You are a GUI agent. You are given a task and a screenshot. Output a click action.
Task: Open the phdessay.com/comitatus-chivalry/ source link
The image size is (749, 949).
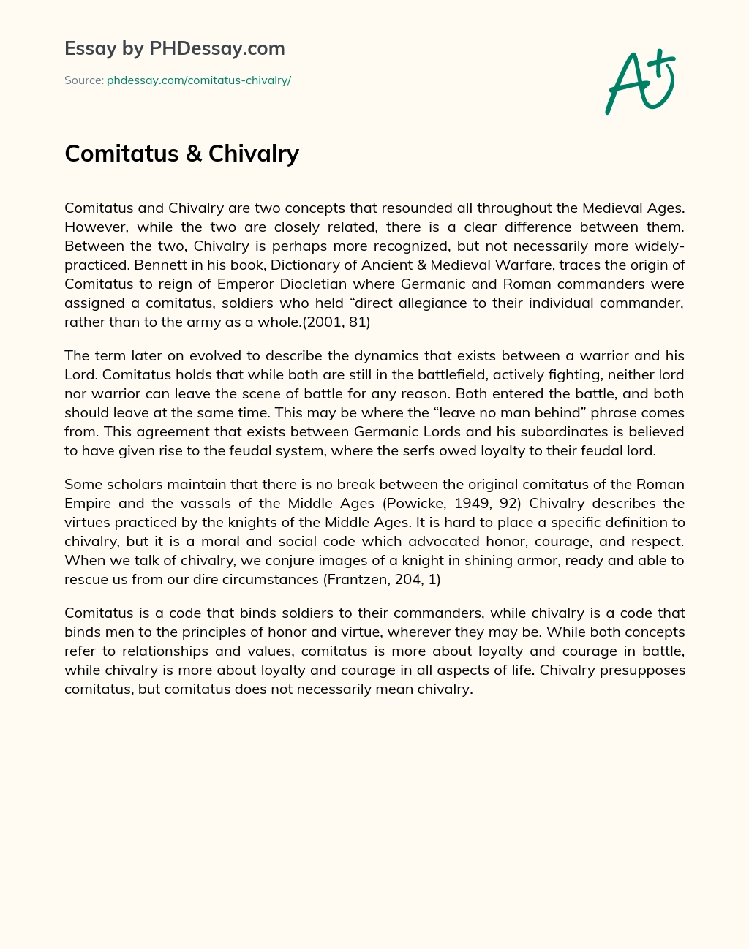(x=199, y=80)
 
